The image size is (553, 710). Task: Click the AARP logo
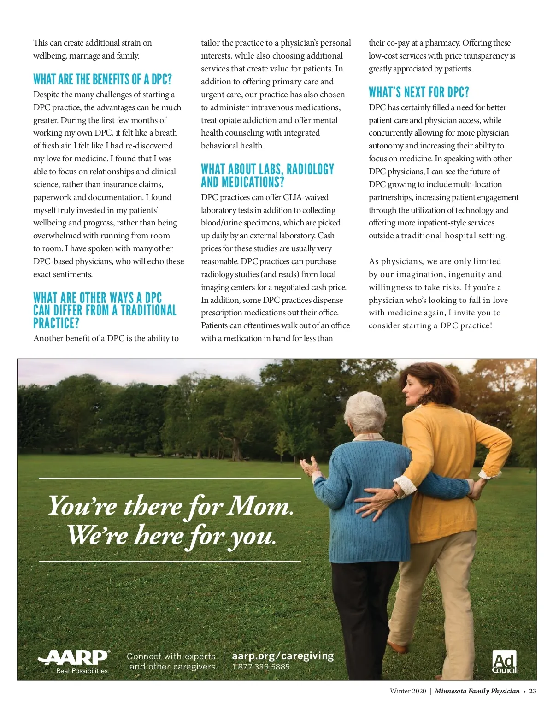74,657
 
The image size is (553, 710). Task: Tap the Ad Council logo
504,663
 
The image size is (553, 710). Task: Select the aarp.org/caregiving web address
282,656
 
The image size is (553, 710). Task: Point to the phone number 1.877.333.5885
261,667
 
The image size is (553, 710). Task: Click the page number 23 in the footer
532,691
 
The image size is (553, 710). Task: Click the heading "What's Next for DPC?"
418,92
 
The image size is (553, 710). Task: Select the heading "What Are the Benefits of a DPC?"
102,79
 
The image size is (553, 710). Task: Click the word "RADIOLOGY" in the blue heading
310,169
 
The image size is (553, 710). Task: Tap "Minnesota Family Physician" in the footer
477,691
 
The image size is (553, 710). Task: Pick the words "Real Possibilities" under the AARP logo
82,671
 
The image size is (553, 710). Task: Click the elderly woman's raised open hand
310,467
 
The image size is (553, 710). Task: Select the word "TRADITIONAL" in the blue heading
148,310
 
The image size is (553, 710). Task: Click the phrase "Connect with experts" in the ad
171,656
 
